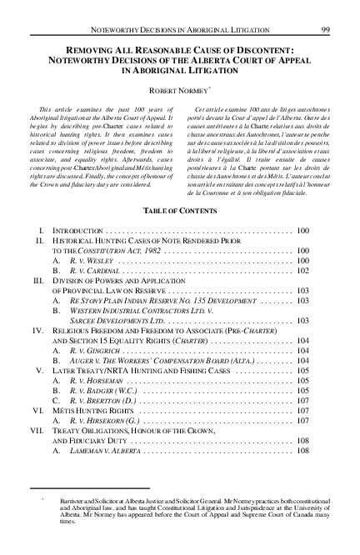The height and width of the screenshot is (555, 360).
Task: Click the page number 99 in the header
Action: [x=327, y=9]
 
